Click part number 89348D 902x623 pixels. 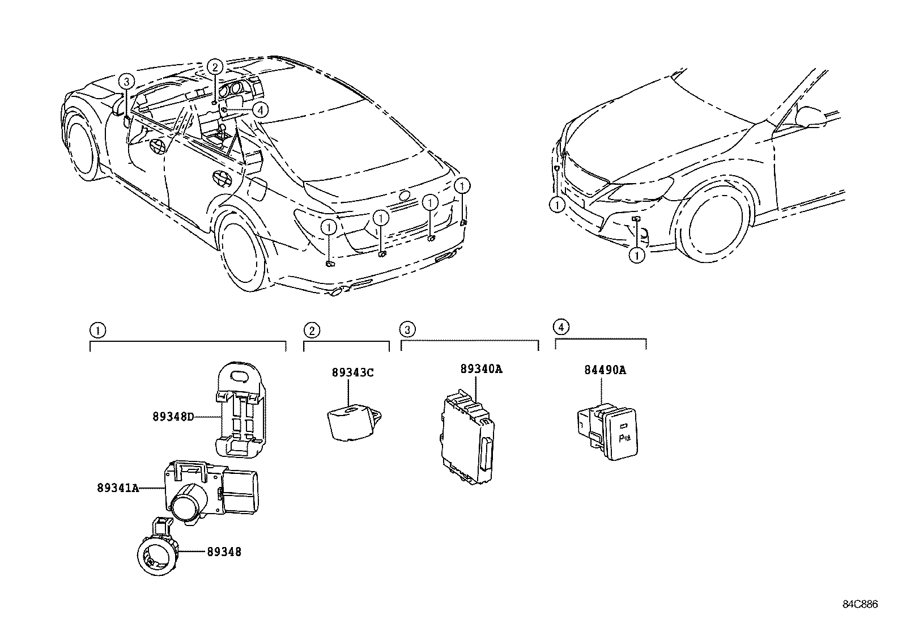pyautogui.click(x=173, y=417)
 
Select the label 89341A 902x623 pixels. pyautogui.click(x=118, y=488)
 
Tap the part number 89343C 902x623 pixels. pyautogui.click(x=352, y=372)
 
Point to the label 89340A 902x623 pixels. pyautogui.click(x=481, y=369)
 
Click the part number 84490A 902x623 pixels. pyautogui.click(x=605, y=370)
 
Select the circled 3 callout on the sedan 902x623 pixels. pyautogui.click(x=126, y=82)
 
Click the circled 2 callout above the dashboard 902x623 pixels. pyautogui.click(x=214, y=67)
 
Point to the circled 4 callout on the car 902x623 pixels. pyautogui.click(x=259, y=110)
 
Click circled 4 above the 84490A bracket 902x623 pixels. pyautogui.click(x=560, y=327)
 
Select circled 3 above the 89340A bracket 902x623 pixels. pyautogui.click(x=407, y=329)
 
